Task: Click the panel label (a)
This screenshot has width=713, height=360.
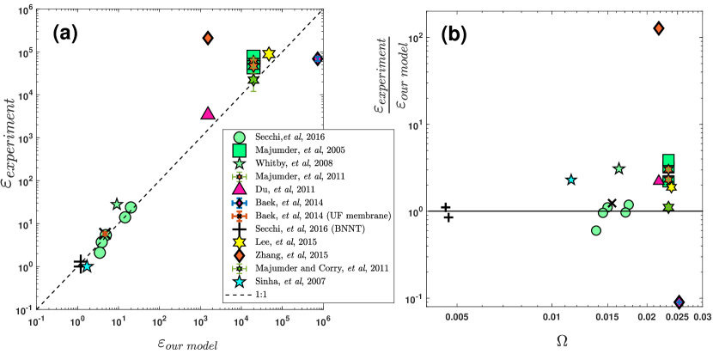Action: [x=66, y=34]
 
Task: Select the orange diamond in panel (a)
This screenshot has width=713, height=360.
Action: [x=208, y=38]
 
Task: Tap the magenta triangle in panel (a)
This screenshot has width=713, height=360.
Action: [x=207, y=113]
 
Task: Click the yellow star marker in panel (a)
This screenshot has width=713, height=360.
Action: [x=268, y=53]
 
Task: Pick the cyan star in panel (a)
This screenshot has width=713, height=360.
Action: [x=86, y=266]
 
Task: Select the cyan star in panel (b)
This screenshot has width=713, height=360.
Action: [x=571, y=180]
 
